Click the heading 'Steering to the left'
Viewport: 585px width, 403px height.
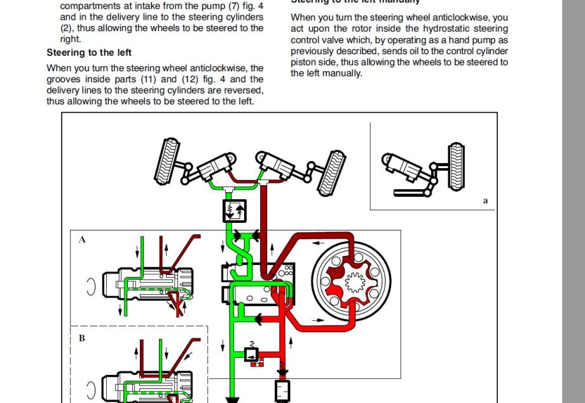(89, 52)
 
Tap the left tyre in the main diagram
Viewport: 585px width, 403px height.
(167, 160)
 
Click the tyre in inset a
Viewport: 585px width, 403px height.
(457, 167)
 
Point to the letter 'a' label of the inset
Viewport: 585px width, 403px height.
(485, 201)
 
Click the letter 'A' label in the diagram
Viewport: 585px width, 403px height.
(82, 240)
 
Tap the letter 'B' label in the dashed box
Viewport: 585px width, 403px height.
(81, 338)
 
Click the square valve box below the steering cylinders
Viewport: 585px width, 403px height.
(235, 210)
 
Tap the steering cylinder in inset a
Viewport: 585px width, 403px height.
(401, 165)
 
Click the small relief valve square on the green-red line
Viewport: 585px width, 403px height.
(251, 353)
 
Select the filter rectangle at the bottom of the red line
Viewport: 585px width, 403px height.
(282, 390)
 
